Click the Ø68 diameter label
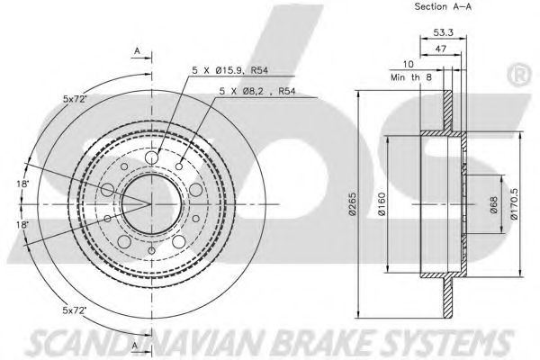tap(492, 204)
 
